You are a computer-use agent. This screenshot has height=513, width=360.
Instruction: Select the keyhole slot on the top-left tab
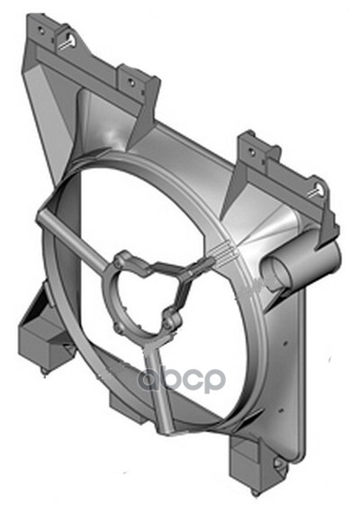pyautogui.click(x=71, y=40)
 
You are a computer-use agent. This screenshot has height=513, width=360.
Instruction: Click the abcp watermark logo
pyautogui.click(x=181, y=379)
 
